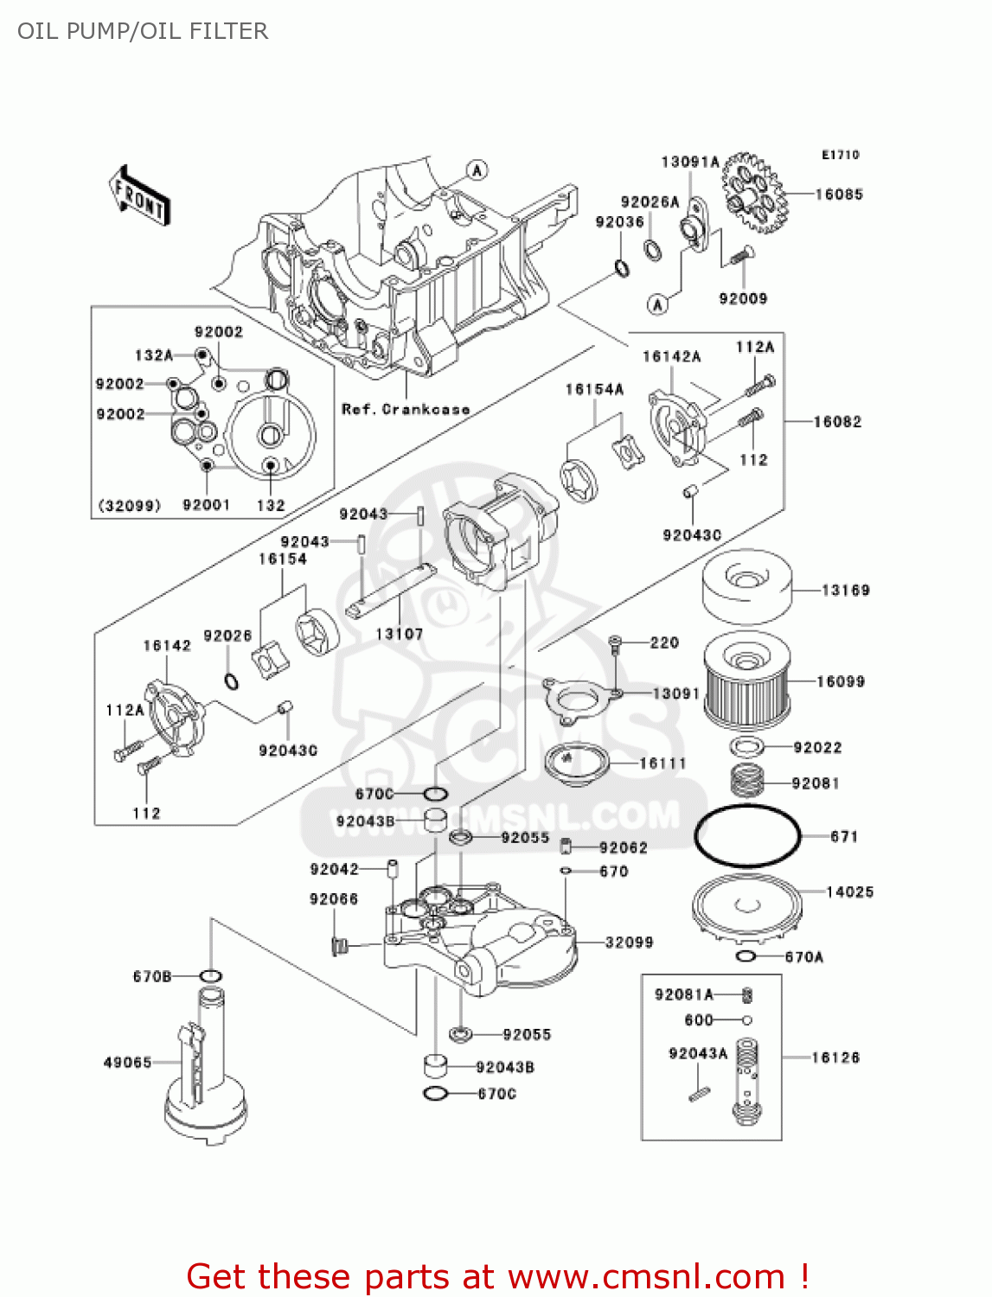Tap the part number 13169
click(x=845, y=591)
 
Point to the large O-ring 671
click(x=747, y=835)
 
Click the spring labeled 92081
click(x=749, y=781)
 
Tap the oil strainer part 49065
click(x=206, y=1072)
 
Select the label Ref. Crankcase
click(x=406, y=409)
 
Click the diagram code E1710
click(x=840, y=155)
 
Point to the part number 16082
click(x=837, y=422)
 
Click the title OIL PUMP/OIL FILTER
click(x=143, y=31)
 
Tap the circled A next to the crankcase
click(x=477, y=170)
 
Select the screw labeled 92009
click(x=739, y=256)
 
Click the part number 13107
click(x=399, y=634)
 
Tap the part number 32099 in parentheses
click(x=129, y=505)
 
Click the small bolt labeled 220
click(x=615, y=642)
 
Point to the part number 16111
click(x=662, y=764)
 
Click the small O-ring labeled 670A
click(x=746, y=956)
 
